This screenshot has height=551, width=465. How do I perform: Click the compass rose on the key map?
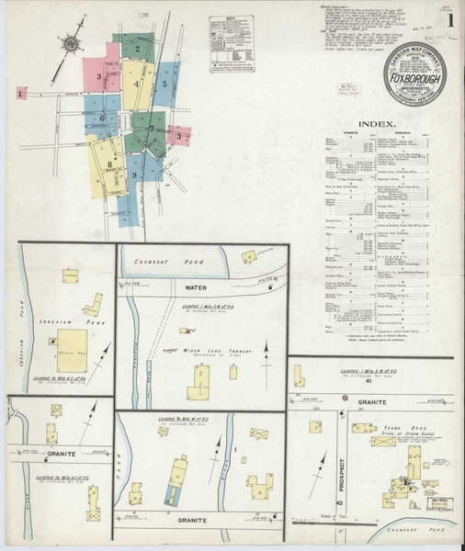pyautogui.click(x=70, y=42)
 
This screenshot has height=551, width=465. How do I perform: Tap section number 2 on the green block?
pyautogui.click(x=137, y=50)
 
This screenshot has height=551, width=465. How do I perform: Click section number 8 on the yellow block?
pyautogui.click(x=109, y=165)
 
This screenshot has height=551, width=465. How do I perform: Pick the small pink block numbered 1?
pyautogui.click(x=20, y=93)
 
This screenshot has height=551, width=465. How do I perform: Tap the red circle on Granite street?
pyautogui.click(x=344, y=398)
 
